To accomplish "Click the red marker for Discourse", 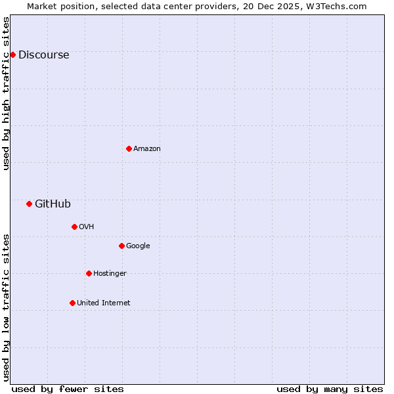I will [12, 55].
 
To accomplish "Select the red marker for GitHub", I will [29, 204].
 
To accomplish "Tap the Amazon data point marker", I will [129, 148].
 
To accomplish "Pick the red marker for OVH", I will [74, 227].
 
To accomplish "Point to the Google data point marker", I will [121, 246].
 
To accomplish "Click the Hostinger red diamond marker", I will [89, 273].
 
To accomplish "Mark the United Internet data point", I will [72, 303].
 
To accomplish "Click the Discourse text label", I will [43, 55].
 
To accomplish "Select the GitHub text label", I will [53, 204].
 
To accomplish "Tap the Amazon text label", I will [147, 149].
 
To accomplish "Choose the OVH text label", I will [87, 227].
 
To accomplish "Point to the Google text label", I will [138, 246].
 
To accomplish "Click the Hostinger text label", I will [110, 274].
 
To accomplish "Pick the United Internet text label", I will [103, 303].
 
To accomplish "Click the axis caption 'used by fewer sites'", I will [68, 389].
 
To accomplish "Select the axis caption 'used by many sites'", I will [330, 389].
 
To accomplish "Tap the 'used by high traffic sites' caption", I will [7, 93].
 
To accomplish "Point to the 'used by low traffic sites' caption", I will [7, 307].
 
